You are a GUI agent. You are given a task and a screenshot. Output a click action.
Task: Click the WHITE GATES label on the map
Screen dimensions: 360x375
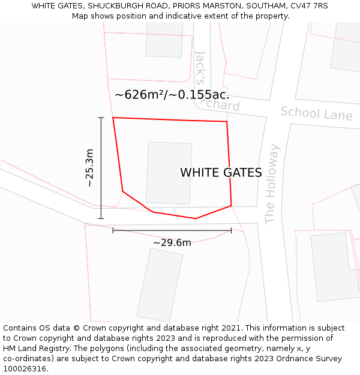(221, 173)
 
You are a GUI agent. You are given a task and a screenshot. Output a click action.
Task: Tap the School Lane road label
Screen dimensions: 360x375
(316, 113)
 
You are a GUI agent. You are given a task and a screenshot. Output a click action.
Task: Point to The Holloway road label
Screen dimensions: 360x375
(272, 184)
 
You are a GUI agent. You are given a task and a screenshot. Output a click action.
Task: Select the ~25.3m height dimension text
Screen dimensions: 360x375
(89, 168)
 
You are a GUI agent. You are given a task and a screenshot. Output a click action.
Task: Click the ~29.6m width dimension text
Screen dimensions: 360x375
(172, 242)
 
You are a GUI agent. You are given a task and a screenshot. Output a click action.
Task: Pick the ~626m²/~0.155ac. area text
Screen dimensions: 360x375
(172, 95)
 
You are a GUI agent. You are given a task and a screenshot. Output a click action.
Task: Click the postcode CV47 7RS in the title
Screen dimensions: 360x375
(307, 6)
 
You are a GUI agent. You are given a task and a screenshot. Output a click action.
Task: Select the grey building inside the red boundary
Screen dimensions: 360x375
(169, 173)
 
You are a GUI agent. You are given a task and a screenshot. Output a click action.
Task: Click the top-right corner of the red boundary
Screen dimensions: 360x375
(227, 122)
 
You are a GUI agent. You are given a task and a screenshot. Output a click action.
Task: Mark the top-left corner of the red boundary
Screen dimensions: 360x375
(113, 118)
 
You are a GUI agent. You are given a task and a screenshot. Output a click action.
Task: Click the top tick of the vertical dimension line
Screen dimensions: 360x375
(101, 118)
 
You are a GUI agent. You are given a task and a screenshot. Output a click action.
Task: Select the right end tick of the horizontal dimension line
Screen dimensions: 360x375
(231, 230)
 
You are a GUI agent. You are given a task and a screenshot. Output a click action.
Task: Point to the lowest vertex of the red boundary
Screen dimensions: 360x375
(196, 218)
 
